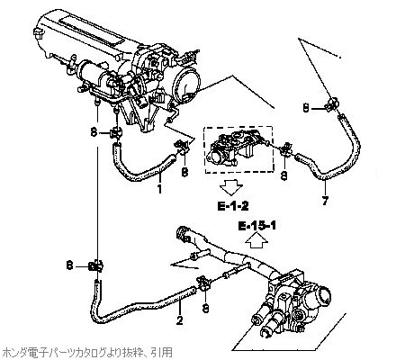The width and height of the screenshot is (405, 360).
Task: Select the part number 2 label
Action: [x=179, y=320]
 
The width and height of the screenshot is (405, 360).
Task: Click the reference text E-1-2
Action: [x=233, y=205]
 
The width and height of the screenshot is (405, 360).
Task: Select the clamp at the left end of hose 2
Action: [x=97, y=265]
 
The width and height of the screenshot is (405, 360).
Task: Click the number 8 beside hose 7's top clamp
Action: [x=306, y=107]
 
